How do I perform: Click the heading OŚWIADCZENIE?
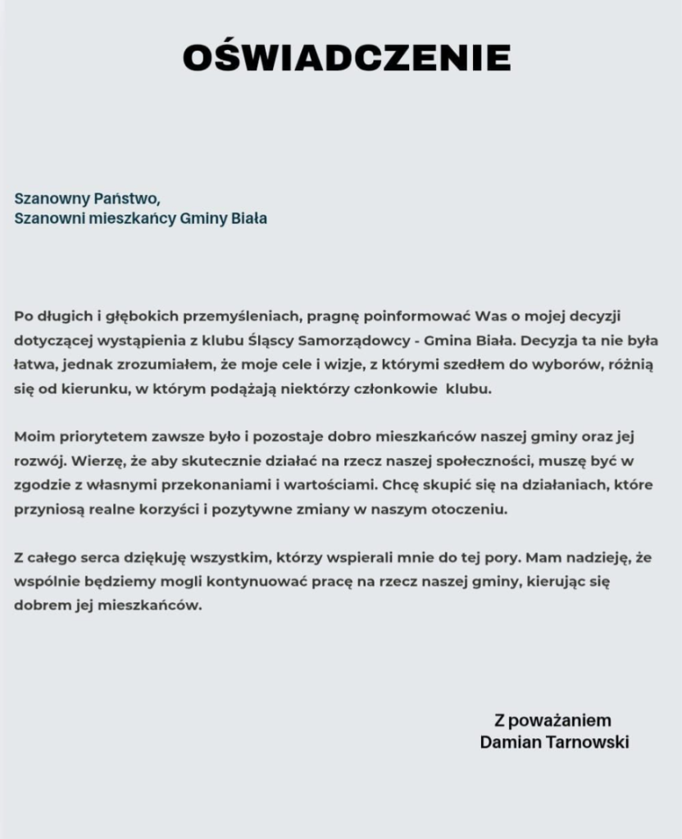(346, 58)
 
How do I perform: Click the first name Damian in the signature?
(506, 743)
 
